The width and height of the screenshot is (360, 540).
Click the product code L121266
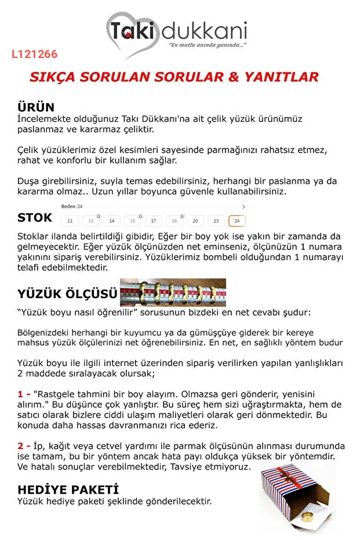(34, 55)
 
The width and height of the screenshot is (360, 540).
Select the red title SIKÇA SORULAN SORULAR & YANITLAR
(174, 77)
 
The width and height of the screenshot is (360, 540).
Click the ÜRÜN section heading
(36, 107)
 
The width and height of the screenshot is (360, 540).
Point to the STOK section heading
(35, 218)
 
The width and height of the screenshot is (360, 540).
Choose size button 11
(70, 221)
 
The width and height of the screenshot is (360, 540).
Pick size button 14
(112, 221)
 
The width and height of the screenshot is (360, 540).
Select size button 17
(154, 221)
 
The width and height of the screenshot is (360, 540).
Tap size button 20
(195, 221)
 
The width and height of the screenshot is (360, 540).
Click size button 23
(216, 221)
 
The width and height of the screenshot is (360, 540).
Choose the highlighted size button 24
(237, 221)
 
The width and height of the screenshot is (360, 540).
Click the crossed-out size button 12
(91, 221)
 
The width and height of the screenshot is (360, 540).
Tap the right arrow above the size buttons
(243, 206)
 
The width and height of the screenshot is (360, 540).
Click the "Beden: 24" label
(72, 206)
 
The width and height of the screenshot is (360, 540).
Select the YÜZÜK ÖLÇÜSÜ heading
(67, 294)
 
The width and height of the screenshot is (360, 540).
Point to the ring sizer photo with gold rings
(173, 292)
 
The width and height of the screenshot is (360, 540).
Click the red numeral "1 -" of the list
(24, 394)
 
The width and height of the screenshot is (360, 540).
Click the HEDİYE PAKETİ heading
(68, 488)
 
